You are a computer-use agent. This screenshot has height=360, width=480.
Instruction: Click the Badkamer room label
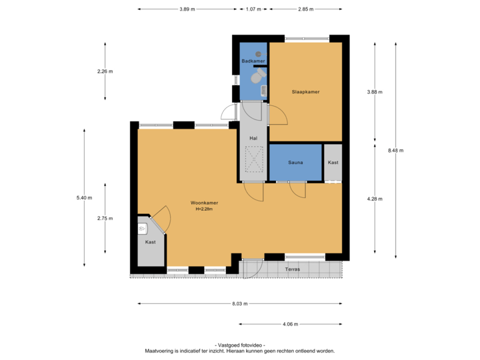(x=253, y=61)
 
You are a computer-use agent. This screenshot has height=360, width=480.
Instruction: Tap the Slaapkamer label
(x=306, y=91)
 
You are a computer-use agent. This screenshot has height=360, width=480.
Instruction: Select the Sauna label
(x=296, y=163)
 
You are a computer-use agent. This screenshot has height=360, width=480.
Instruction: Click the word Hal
(x=253, y=139)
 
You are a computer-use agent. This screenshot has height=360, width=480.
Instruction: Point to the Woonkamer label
(x=204, y=203)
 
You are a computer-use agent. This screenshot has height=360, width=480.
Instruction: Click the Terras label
(x=293, y=269)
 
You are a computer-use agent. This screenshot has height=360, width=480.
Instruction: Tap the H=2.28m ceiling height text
(x=204, y=209)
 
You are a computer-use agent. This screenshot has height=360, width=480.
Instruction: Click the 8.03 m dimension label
(x=239, y=303)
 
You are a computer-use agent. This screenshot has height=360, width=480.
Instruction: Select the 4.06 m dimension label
(x=291, y=325)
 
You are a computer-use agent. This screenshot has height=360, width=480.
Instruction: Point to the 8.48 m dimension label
(x=395, y=150)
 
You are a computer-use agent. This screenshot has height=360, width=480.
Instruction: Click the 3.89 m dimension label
(x=187, y=9)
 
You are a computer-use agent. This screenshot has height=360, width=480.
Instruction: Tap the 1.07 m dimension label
(x=253, y=9)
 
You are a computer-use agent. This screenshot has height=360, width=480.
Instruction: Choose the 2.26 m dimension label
(x=105, y=71)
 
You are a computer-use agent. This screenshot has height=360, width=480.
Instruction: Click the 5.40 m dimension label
(x=84, y=197)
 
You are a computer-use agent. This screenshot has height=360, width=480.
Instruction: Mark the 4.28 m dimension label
(x=374, y=198)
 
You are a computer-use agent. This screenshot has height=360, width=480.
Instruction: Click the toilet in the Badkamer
(x=255, y=77)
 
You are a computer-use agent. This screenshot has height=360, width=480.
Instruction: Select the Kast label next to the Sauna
(x=333, y=163)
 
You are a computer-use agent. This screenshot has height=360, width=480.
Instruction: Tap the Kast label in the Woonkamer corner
(x=150, y=242)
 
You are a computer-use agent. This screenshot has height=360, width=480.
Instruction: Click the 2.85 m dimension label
(x=306, y=9)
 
